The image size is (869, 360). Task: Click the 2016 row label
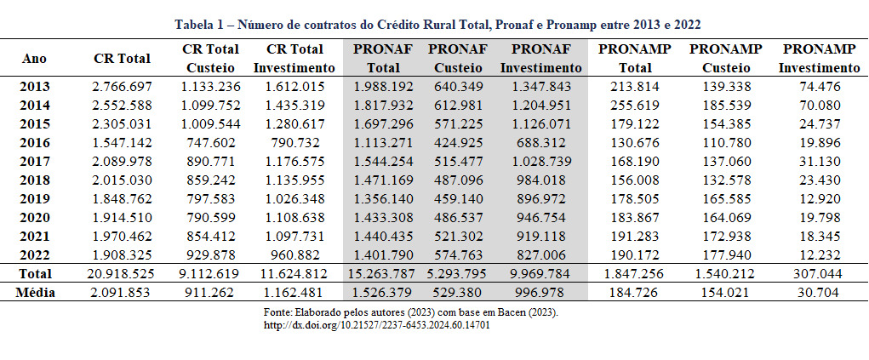point(35,142)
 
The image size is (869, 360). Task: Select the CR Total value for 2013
point(122,86)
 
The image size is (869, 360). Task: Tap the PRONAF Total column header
point(383,58)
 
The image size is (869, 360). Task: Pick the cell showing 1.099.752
point(210,105)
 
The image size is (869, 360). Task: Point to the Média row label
point(35,292)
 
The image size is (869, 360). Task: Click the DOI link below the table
point(377,325)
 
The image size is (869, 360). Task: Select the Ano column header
point(35,58)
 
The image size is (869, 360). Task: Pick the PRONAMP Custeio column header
point(726,58)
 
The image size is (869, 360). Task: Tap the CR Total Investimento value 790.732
point(295,142)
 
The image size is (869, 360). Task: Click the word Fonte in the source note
point(281,313)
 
